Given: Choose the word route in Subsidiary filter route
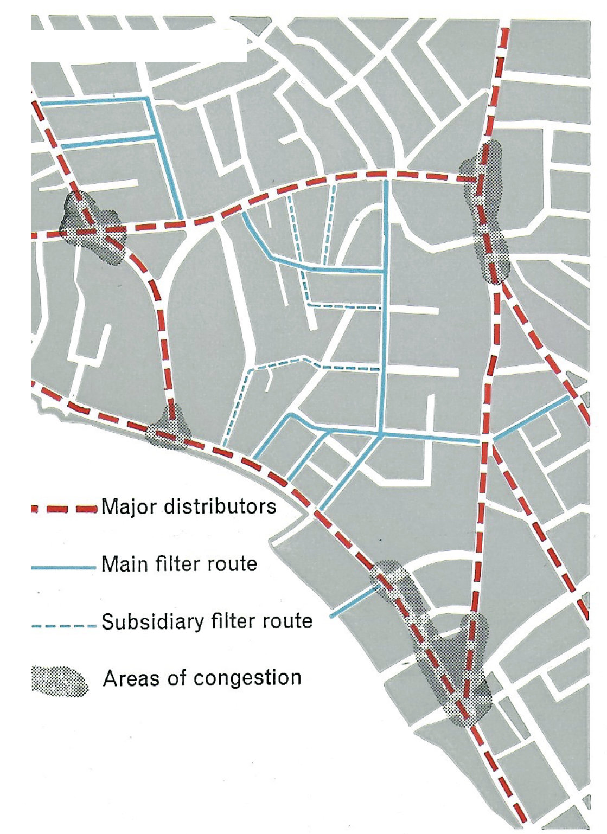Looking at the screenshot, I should click(288, 621).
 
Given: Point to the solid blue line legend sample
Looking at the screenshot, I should click(63, 567).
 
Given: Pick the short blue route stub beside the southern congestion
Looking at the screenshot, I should click(353, 602).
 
